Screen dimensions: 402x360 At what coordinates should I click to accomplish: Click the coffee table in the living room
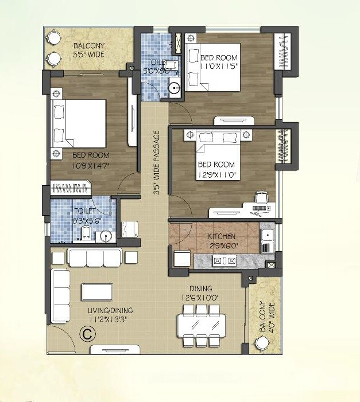pos(100,292)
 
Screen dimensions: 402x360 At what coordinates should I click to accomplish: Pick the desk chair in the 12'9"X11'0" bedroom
pos(260,198)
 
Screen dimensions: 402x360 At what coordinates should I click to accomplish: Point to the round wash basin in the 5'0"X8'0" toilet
pos(175,88)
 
